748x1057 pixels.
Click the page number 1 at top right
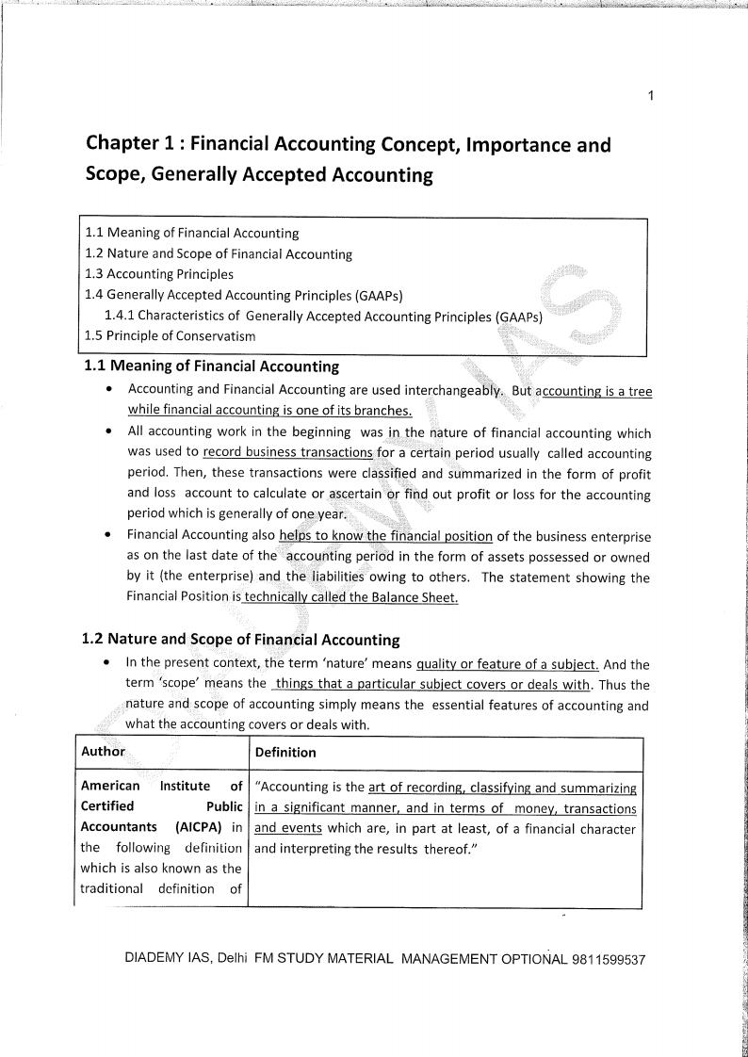click(x=651, y=96)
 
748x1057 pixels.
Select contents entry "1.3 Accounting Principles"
click(x=159, y=274)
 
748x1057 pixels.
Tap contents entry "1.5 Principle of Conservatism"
click(x=170, y=335)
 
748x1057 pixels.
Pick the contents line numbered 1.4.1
click(x=323, y=316)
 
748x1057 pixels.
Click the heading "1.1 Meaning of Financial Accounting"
click(x=212, y=366)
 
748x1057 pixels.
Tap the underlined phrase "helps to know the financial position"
click(x=385, y=536)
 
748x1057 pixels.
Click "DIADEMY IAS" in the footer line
click(x=170, y=959)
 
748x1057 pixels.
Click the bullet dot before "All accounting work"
click(x=112, y=432)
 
